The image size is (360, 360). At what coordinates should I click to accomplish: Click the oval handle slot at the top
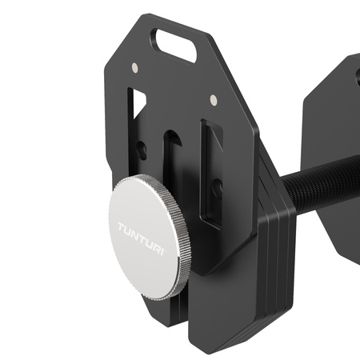[x=177, y=45]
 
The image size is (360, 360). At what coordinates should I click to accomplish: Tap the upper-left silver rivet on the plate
[x=134, y=67]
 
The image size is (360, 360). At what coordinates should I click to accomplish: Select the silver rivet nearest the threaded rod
[x=214, y=100]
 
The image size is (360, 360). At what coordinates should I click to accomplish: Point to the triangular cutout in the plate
[x=139, y=102]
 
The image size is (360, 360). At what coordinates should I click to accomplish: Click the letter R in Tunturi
[x=160, y=233]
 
